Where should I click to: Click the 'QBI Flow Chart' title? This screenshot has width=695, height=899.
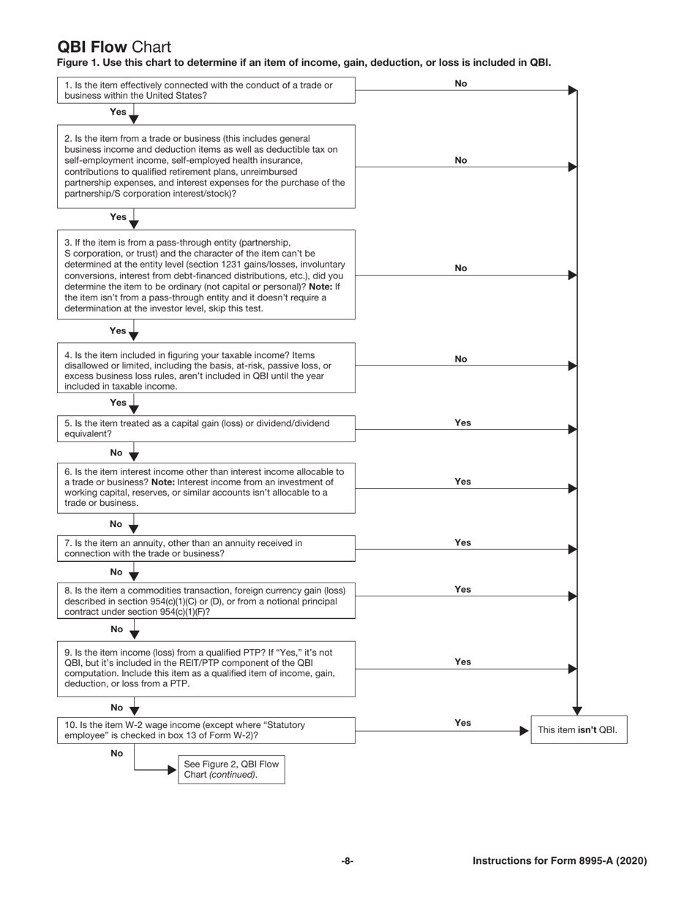click(x=114, y=48)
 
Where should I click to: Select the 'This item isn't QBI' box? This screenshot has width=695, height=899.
click(x=578, y=729)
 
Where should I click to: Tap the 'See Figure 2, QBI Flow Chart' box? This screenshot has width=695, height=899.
click(x=231, y=770)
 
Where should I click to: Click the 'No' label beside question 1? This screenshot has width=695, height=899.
click(x=461, y=83)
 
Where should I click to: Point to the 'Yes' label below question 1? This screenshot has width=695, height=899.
click(x=118, y=112)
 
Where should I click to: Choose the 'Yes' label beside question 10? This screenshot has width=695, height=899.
click(x=462, y=723)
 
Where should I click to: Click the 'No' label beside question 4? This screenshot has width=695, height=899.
click(x=461, y=359)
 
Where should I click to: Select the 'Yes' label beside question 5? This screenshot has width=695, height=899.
click(x=462, y=422)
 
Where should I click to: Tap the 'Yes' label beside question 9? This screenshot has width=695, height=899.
click(x=462, y=661)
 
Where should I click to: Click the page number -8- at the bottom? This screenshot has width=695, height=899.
click(x=347, y=861)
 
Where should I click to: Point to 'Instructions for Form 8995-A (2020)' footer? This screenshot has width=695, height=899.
click(x=560, y=861)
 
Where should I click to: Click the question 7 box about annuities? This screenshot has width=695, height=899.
click(x=206, y=548)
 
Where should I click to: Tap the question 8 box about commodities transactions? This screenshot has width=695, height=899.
click(x=206, y=601)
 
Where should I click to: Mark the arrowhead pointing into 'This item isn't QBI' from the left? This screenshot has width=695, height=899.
click(x=524, y=729)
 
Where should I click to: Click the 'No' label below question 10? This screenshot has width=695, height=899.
click(x=116, y=753)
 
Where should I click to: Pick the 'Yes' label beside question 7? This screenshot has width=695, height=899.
click(x=462, y=542)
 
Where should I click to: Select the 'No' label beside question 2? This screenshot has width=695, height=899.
click(x=461, y=160)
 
